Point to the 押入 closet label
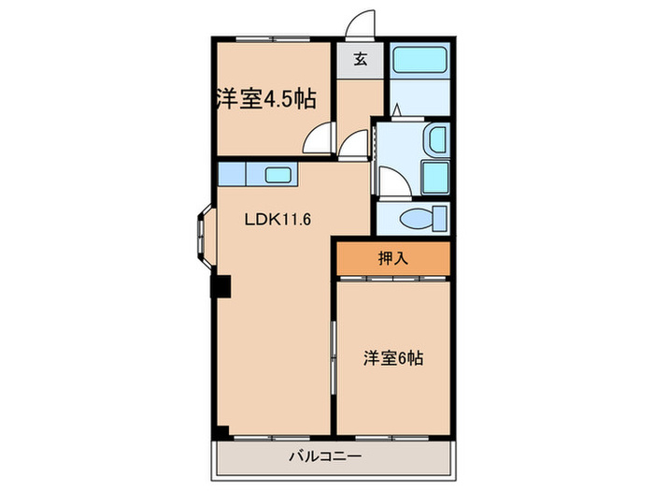pos(393,259)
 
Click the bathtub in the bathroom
pos(419,63)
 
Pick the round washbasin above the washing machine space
pos(436,141)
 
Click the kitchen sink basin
pos(277,174)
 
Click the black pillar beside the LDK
pos(221,287)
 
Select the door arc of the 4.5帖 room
pos(320,141)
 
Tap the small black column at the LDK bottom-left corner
pos(220,431)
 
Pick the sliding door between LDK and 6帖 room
pos(334,360)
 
